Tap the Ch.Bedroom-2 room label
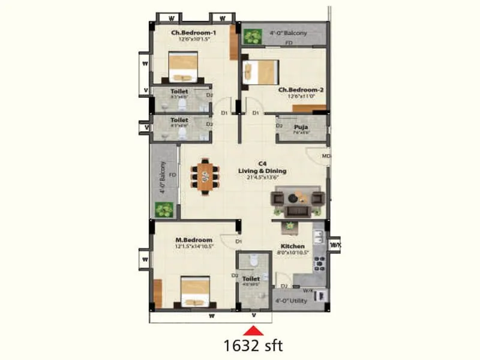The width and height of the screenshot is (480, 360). (x=301, y=91)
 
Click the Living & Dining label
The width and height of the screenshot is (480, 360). (x=262, y=170)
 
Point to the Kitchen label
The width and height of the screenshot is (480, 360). (x=292, y=246)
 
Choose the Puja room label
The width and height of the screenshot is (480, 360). (x=301, y=127)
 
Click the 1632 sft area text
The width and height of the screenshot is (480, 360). (x=253, y=345)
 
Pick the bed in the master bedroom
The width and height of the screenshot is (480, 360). (x=194, y=292)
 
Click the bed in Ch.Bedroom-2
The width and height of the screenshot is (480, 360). (x=259, y=74)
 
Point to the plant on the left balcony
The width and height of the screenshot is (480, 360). (x=164, y=210)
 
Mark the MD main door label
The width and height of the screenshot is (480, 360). (x=326, y=157)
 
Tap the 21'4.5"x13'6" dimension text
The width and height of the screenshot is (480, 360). (x=262, y=177)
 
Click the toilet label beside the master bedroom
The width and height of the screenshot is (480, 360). (x=251, y=279)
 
